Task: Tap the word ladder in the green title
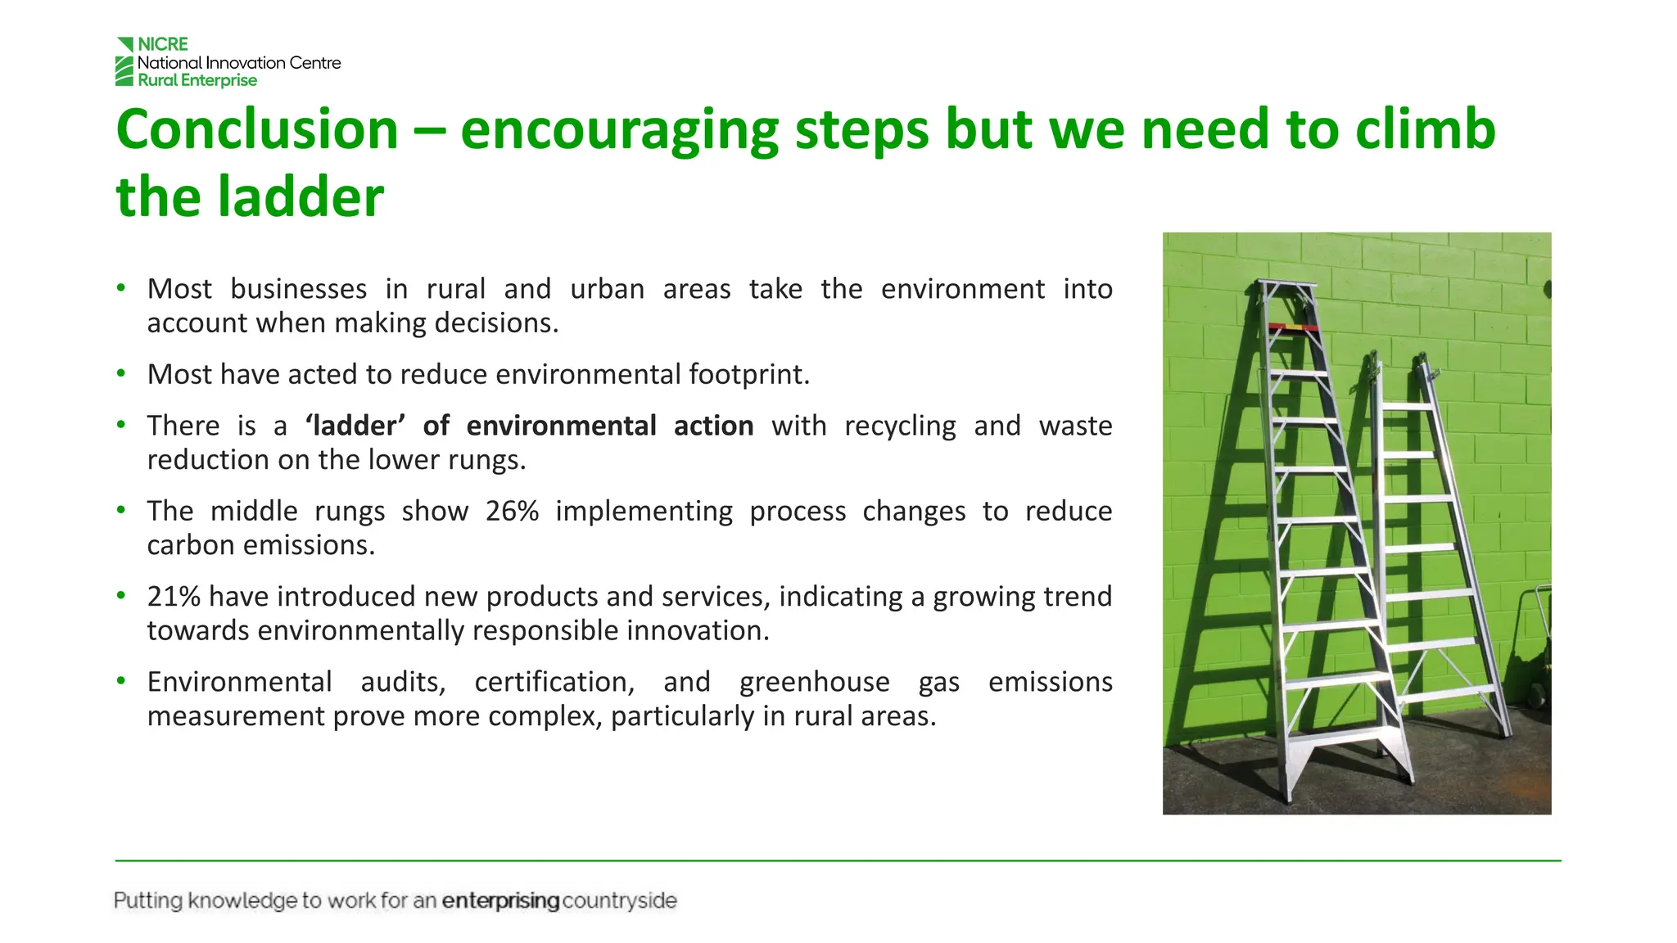tap(301, 196)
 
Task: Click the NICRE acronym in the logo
tap(163, 44)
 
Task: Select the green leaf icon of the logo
tap(124, 62)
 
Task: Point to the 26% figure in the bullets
tap(512, 511)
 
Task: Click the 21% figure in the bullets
tap(174, 596)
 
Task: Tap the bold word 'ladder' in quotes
tap(355, 426)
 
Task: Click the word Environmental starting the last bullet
tap(239, 682)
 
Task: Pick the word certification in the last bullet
tap(554, 682)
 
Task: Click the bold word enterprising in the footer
tap(500, 900)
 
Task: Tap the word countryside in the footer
tap(620, 900)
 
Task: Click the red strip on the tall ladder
tap(1293, 327)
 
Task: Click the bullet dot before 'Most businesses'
tap(121, 288)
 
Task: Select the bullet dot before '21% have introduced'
tap(121, 595)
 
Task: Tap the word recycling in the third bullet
tap(900, 426)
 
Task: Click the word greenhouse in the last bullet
tap(814, 682)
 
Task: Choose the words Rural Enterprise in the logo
tap(197, 80)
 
